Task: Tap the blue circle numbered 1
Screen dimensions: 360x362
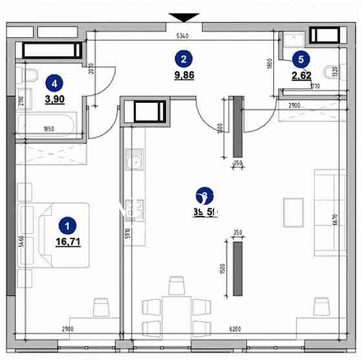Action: [x=66, y=226]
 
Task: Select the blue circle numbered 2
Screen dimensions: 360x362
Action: [x=184, y=59]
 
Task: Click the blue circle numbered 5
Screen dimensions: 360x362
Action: [x=299, y=59]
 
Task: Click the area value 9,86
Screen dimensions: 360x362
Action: [x=184, y=75]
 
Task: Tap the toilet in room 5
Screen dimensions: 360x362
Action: [x=334, y=72]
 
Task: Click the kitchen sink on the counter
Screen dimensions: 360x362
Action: [x=134, y=162]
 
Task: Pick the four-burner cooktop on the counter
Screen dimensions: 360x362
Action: [x=135, y=209]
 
